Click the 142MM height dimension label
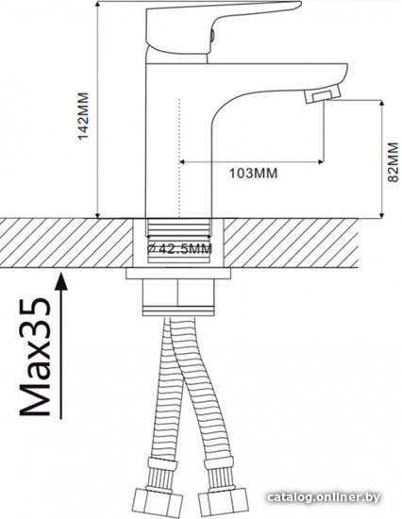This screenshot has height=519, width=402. [x=83, y=116]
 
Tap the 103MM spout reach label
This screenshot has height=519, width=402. [x=253, y=173]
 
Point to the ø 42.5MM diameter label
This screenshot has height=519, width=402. [x=179, y=248]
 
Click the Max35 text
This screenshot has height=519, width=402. [x=35, y=357]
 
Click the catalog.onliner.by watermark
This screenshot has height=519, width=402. [x=323, y=497]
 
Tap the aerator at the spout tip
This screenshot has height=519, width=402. [x=323, y=93]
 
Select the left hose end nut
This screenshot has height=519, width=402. [x=159, y=504]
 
